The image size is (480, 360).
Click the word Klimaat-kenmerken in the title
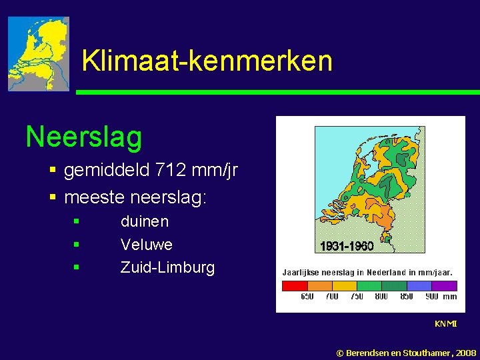point(207,61)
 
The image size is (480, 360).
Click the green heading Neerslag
point(83,137)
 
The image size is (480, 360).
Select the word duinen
point(145,221)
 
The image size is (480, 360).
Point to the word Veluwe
point(147,245)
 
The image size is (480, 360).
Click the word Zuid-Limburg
point(167,268)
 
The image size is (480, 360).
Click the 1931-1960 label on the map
point(347,247)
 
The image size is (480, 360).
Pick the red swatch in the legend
point(295,286)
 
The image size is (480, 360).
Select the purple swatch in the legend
point(444,286)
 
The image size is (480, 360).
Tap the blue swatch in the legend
point(419,286)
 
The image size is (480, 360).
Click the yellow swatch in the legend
point(345,286)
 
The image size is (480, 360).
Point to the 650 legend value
point(307,297)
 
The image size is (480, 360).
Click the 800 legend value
point(382,297)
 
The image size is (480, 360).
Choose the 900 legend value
point(431,297)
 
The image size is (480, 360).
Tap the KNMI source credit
point(445,324)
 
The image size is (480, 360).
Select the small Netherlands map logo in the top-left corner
point(39,54)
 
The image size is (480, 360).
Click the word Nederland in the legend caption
point(385,273)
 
